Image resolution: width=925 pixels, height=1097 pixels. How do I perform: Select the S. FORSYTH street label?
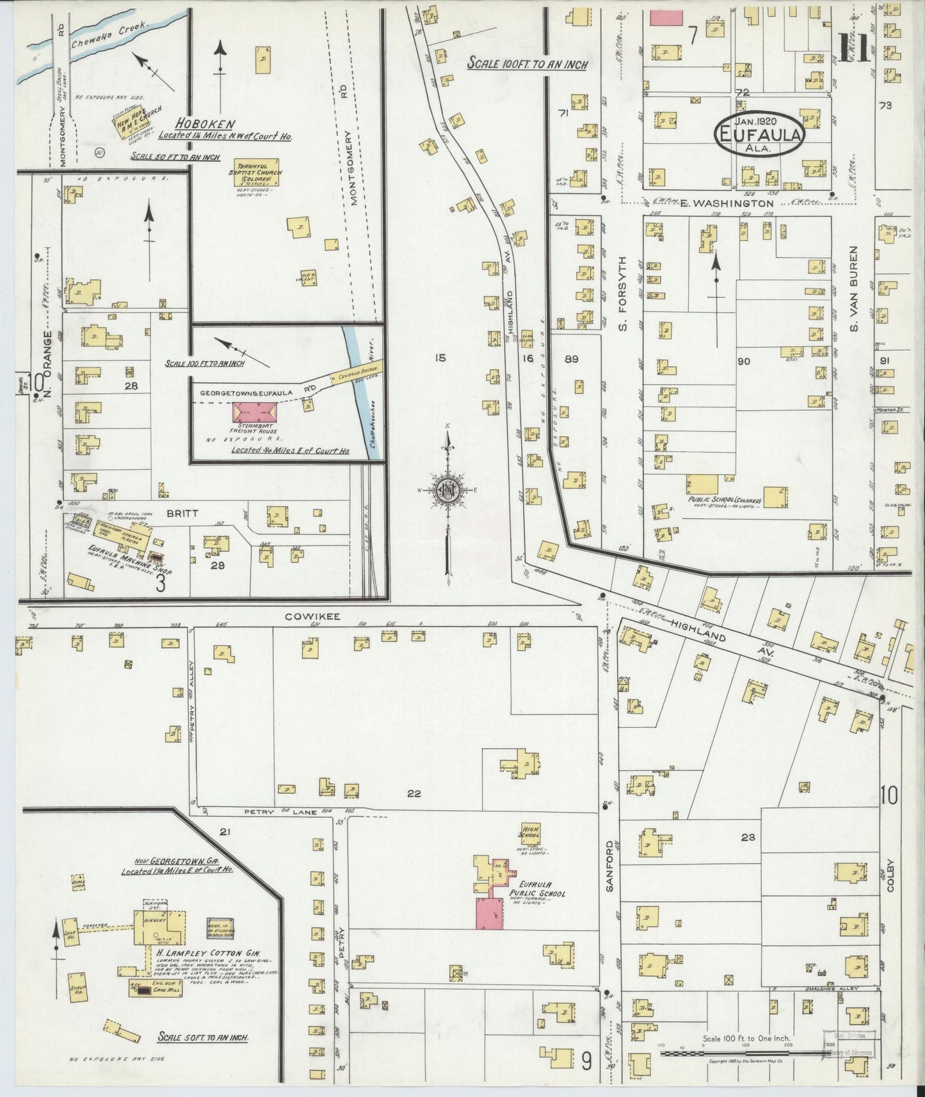tap(622, 294)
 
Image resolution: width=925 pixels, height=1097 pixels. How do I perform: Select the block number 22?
tap(414, 794)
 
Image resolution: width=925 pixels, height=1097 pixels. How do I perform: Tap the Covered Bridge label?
tap(362, 371)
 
